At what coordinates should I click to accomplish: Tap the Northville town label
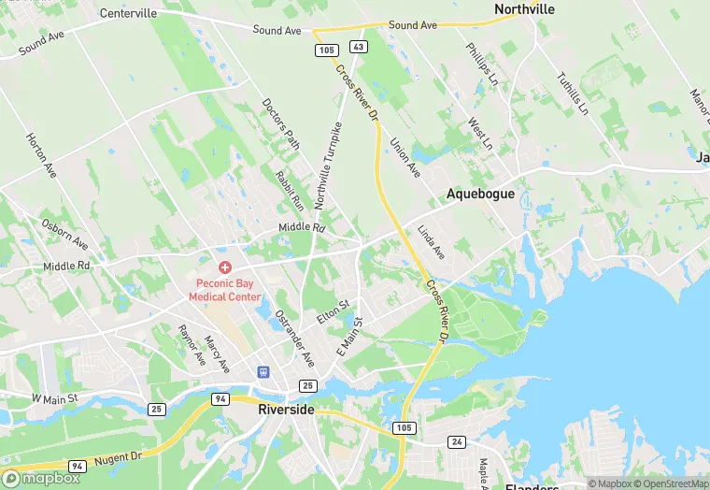[x=524, y=9]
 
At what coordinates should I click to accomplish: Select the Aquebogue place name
[x=480, y=194]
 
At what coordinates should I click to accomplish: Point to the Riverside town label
[x=286, y=410]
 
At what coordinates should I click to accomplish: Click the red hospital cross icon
[x=224, y=267]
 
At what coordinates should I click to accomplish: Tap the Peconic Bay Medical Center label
[x=225, y=290]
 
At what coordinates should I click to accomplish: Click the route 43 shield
[x=358, y=46]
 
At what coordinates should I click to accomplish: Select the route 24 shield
[x=456, y=441]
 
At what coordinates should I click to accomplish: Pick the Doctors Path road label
[x=280, y=125]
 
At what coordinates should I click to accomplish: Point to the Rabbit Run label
[x=289, y=189]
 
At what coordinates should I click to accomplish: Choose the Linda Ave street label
[x=432, y=242]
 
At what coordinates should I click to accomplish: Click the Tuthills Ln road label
[x=572, y=94]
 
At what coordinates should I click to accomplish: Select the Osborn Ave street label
[x=65, y=234]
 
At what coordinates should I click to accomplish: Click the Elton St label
[x=332, y=312]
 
